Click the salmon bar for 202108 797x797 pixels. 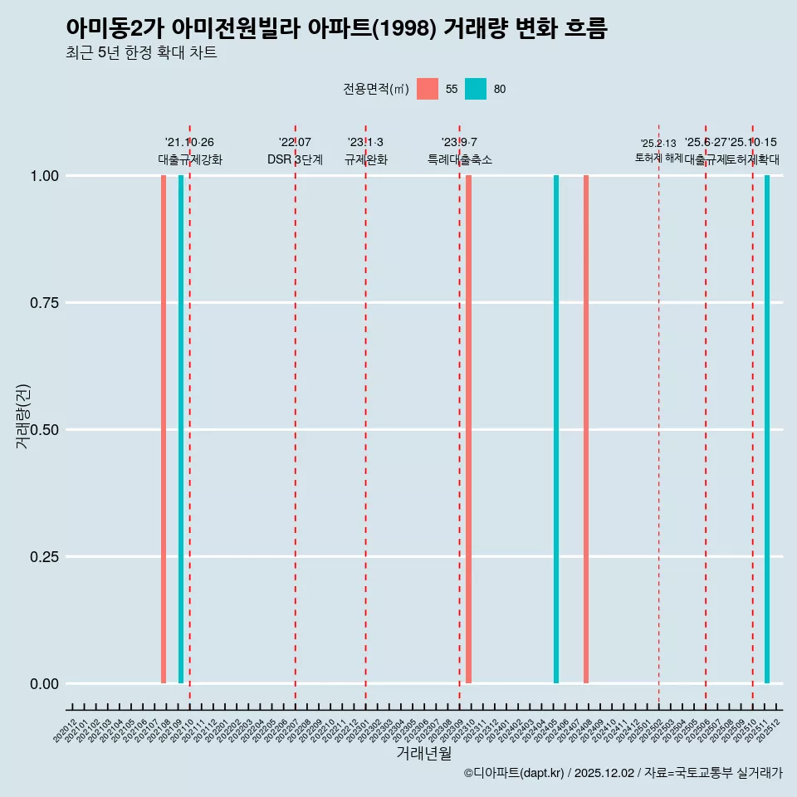point(164,429)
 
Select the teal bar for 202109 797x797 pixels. point(181,429)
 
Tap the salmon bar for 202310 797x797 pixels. point(468,429)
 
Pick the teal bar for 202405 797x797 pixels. point(556,429)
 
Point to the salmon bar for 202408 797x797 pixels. point(586,429)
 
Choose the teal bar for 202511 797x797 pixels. point(767,429)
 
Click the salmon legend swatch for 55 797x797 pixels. point(428,89)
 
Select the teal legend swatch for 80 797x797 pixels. point(476,89)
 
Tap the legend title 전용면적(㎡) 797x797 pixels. point(375,89)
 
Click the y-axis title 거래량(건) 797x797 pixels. point(22,416)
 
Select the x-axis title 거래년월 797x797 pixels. point(424,753)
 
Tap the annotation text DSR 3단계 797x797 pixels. point(295,159)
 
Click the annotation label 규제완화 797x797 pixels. point(365,159)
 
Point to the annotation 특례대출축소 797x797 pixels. point(459,159)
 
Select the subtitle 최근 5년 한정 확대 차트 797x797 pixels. point(141,53)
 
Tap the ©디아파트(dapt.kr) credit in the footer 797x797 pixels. point(514,774)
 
